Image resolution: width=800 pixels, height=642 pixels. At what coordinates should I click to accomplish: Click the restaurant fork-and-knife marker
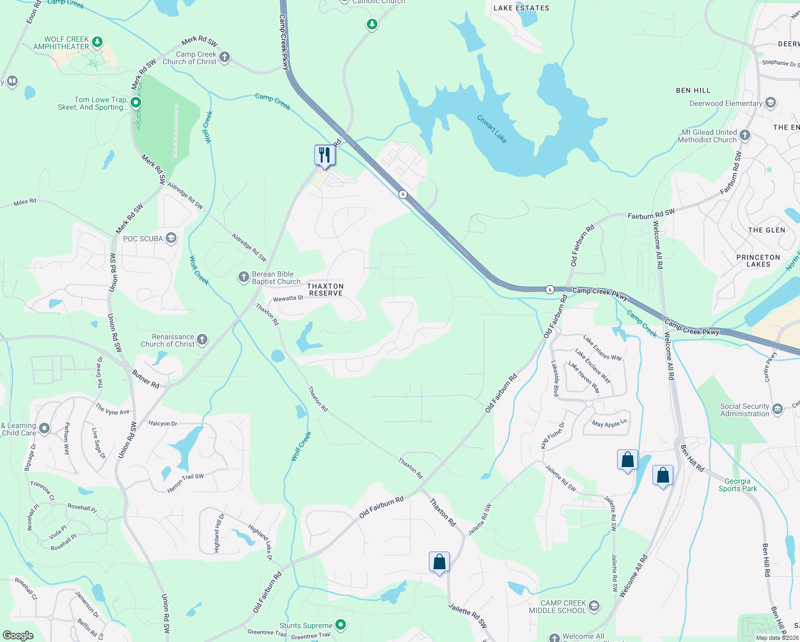[324, 156]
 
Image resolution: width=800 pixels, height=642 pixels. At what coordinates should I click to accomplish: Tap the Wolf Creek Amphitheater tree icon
[97, 42]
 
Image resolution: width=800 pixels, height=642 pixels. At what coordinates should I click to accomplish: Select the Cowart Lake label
[491, 129]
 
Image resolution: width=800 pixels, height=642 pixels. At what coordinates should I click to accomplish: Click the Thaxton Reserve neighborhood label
[325, 289]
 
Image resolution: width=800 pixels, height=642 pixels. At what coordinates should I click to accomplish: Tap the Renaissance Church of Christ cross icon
[202, 339]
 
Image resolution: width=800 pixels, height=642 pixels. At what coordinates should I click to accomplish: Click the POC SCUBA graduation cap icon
[171, 238]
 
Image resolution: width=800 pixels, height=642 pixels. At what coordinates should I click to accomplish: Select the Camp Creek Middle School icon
[594, 606]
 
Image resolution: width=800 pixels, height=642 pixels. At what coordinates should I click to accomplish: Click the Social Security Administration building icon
[778, 409]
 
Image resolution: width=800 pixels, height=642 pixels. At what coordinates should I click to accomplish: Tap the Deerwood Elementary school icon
[771, 103]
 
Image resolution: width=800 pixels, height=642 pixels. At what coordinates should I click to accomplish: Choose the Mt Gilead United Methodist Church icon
[745, 135]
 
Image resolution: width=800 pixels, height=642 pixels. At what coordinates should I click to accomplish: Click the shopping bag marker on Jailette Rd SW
[439, 562]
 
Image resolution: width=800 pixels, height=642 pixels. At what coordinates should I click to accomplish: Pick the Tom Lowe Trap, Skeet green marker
[136, 102]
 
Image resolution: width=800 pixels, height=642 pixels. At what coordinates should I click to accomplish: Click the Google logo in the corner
[18, 635]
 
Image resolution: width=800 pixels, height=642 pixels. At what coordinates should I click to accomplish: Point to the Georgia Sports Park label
[737, 485]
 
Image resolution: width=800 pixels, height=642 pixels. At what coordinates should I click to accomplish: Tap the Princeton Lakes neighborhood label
[758, 261]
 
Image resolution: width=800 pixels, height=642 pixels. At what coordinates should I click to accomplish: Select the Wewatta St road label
[288, 299]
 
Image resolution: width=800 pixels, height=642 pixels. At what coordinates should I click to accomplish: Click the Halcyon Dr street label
[163, 423]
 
